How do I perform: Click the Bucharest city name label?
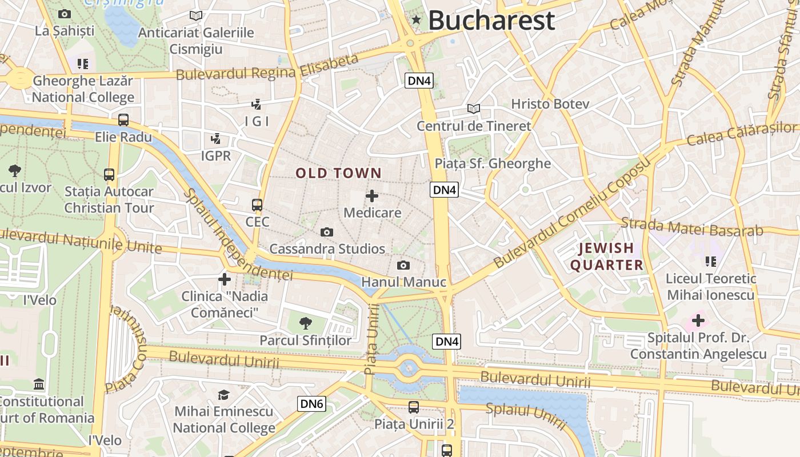click(491, 21)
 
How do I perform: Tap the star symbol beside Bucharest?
click(416, 21)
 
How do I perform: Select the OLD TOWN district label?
click(338, 173)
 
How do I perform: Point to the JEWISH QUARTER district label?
click(606, 256)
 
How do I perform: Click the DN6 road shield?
click(312, 404)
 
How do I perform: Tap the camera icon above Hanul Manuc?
click(403, 265)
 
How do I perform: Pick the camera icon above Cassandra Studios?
click(327, 232)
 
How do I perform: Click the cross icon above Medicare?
click(372, 196)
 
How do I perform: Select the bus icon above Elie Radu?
click(123, 120)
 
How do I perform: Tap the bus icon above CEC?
click(257, 205)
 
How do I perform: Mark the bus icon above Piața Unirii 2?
click(414, 407)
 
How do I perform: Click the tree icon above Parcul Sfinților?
click(306, 323)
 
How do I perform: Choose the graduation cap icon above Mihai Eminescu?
click(223, 395)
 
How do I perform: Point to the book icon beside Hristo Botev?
click(473, 109)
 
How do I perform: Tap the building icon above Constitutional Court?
click(39, 383)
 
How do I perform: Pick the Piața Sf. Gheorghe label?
click(493, 164)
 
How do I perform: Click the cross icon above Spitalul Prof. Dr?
click(698, 320)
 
